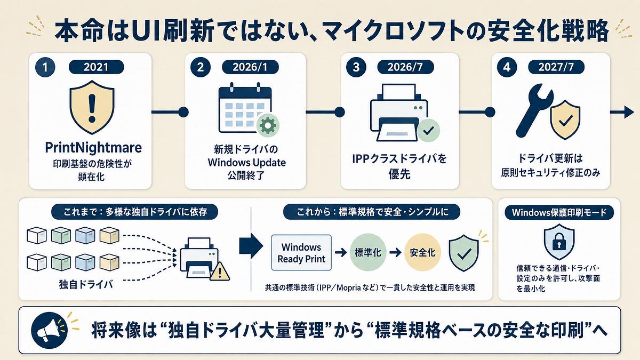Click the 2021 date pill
click(97, 67)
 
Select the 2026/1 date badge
click(250, 67)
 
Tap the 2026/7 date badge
click(405, 67)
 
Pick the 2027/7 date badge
click(556, 67)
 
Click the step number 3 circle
click(356, 67)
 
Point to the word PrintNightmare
click(93, 148)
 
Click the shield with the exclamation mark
click(92, 107)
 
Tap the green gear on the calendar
click(268, 125)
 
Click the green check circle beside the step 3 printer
click(428, 131)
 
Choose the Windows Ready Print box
click(301, 253)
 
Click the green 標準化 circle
click(368, 252)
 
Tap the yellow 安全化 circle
click(422, 252)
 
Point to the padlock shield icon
click(559, 242)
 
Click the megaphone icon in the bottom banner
click(49, 330)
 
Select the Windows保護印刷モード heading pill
click(559, 213)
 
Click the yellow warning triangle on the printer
click(219, 271)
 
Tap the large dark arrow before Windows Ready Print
click(251, 246)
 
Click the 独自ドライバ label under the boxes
click(86, 284)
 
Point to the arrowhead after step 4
click(629, 112)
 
